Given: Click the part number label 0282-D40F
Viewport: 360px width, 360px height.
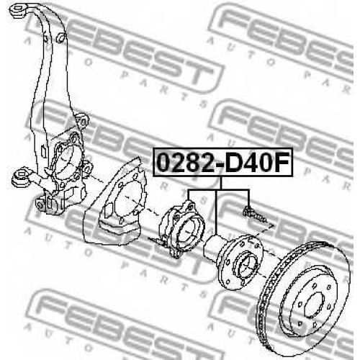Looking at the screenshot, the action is click(223, 162).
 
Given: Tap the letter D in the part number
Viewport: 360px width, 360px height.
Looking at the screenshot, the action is click(236, 163).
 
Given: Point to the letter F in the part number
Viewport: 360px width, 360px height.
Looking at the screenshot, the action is click(282, 163).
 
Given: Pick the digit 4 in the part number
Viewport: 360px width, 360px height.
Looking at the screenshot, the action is click(256, 163).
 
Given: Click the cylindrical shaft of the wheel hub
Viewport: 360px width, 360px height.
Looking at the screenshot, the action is click(213, 246).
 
